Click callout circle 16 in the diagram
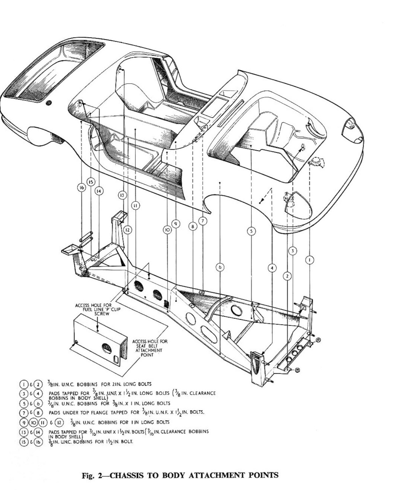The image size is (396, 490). [82, 188]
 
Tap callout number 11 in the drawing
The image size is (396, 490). [135, 205]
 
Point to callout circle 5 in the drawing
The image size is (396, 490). [252, 231]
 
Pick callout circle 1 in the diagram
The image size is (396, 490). [309, 260]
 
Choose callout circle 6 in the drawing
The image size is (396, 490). [220, 267]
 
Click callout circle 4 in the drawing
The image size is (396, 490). [272, 268]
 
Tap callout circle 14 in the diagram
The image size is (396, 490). [99, 191]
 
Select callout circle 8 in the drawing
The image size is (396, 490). [193, 227]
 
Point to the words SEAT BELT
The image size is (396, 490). [147, 346]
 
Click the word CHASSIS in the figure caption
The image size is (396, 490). [128, 474]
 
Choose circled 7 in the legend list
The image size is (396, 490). [24, 413]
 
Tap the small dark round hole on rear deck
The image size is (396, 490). [48, 103]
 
